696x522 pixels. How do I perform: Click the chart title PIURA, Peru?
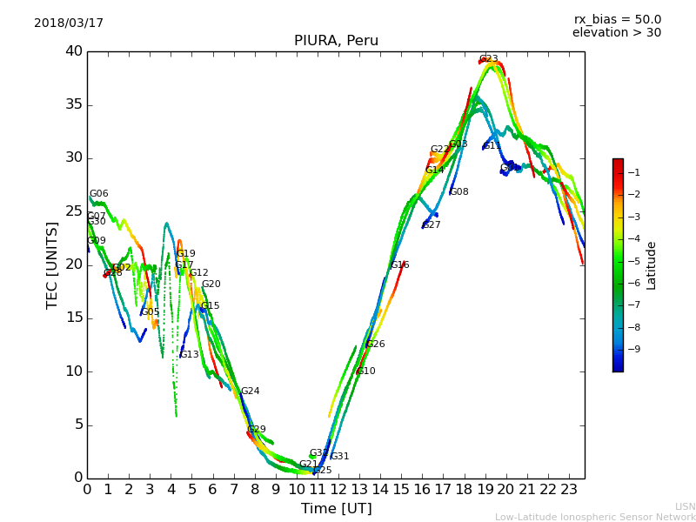[x=336, y=41]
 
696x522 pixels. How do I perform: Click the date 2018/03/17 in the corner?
[x=69, y=23]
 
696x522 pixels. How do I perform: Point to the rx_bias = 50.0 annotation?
[x=617, y=20]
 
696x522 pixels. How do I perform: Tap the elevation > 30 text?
[x=616, y=33]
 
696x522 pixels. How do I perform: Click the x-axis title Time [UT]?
[x=336, y=509]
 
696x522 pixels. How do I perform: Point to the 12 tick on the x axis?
[x=338, y=490]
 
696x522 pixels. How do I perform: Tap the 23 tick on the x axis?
[x=569, y=490]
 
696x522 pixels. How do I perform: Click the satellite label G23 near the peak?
[x=489, y=59]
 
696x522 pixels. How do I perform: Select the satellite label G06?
[x=99, y=194]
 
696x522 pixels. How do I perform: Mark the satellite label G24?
[x=251, y=391]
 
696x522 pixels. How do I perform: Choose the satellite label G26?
[x=375, y=345]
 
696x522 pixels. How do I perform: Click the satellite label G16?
[x=399, y=265]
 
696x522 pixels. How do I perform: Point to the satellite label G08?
[x=459, y=192]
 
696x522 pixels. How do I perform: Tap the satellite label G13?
[x=190, y=355]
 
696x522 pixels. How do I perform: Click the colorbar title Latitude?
[x=652, y=265]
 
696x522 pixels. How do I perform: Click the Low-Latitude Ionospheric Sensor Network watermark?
[x=595, y=518]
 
